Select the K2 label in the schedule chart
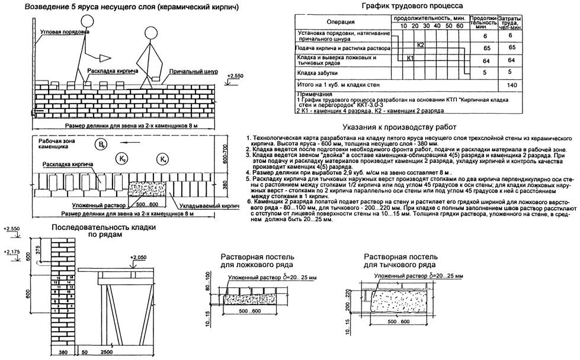pos(420,45)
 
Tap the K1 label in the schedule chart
pos(409,59)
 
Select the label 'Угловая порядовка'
pos(62,31)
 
